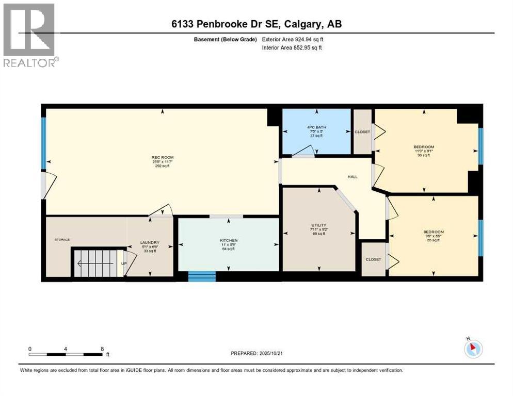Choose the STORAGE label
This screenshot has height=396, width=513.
point(62,240)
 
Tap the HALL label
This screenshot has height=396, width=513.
point(352,176)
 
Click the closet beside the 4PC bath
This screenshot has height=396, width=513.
point(362,132)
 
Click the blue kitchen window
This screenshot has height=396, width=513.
point(202,276)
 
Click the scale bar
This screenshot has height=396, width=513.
point(66,354)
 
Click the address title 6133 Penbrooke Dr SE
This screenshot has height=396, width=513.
point(256,24)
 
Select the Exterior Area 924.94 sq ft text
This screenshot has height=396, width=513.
point(293,39)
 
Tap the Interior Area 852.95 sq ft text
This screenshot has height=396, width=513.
point(293,48)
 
